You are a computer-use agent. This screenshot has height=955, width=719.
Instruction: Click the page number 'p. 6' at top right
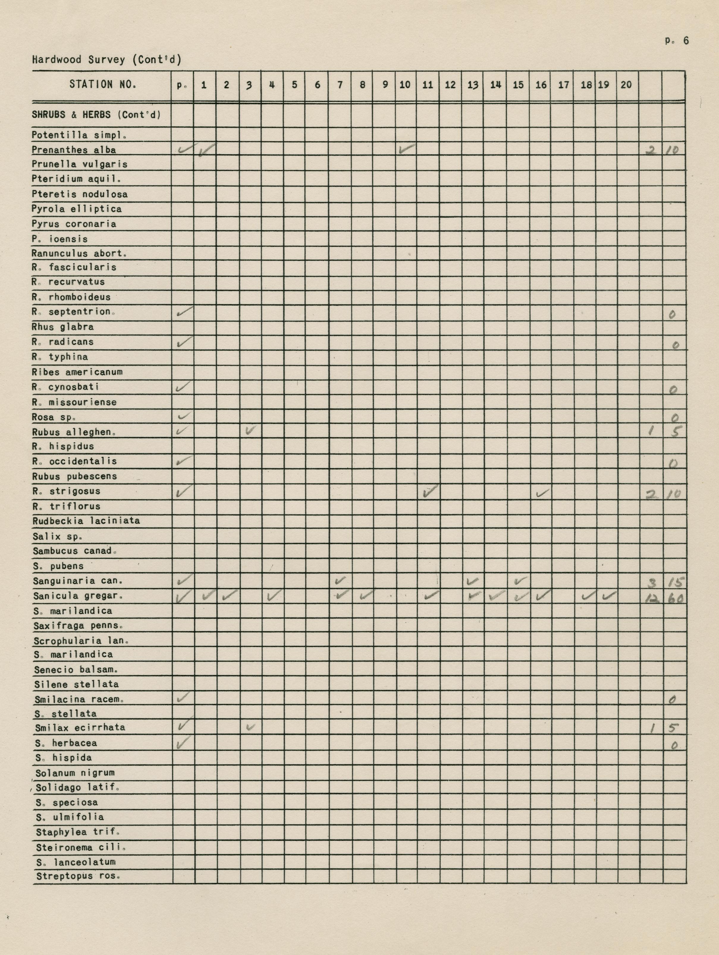(x=677, y=41)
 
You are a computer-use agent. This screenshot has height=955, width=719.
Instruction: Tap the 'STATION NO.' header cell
(x=103, y=85)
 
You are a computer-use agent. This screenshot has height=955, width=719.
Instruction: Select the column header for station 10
(x=405, y=85)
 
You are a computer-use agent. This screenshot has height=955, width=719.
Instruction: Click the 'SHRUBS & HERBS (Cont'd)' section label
(x=96, y=115)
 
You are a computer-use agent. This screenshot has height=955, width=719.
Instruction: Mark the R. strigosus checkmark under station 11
(x=430, y=491)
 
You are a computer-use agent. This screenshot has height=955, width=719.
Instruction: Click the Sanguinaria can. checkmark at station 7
(x=340, y=581)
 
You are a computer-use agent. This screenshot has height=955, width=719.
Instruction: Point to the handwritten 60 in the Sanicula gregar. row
(x=674, y=598)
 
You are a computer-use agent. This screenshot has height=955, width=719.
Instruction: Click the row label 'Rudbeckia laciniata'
(x=86, y=521)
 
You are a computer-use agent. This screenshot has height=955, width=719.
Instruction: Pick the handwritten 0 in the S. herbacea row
(x=674, y=745)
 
